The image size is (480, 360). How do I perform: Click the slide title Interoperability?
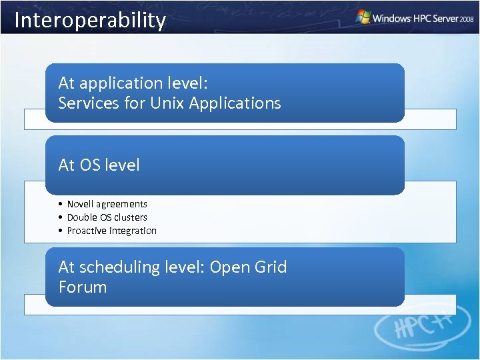(90, 20)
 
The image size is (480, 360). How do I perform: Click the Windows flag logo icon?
(363, 17)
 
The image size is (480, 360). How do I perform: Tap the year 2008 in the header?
(467, 20)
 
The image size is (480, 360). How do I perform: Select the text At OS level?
(99, 165)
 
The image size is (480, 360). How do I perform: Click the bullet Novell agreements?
(107, 204)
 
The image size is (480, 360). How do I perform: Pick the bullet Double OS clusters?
(107, 217)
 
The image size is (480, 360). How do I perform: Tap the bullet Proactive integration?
(111, 231)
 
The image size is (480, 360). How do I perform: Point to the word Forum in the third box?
(83, 287)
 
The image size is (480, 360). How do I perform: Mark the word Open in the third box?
(229, 267)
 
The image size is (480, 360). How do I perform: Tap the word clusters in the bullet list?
(131, 217)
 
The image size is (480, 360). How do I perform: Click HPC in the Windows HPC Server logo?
(420, 19)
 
